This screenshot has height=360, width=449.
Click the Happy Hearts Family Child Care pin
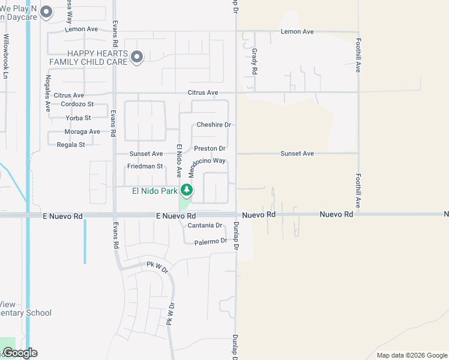click(137, 58)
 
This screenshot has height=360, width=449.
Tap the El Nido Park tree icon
click(187, 191)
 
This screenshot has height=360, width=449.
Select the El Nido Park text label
click(155, 191)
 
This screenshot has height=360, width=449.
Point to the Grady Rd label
click(255, 61)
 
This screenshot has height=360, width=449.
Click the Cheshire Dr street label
click(214, 125)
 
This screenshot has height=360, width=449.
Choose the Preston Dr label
click(209, 148)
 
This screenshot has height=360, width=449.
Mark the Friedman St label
click(145, 166)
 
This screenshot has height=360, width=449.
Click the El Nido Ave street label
click(178, 160)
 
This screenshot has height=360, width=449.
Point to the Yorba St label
click(79, 118)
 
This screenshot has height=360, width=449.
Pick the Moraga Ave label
click(82, 131)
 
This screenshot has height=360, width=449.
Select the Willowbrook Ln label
click(7, 56)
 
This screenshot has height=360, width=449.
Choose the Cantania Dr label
click(205, 226)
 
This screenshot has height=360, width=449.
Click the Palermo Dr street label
click(211, 241)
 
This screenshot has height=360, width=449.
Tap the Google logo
click(19, 353)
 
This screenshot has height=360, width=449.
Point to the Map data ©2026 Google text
click(411, 355)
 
